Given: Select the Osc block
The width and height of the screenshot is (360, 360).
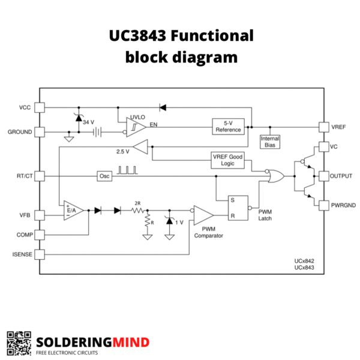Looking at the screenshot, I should point(104,176).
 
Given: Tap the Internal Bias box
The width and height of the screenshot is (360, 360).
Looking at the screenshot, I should point(269,142).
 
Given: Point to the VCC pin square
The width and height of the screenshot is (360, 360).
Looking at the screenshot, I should point(40,107).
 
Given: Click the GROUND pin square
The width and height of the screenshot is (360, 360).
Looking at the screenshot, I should point(40,131).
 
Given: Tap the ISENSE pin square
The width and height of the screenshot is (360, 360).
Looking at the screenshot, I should point(40,254).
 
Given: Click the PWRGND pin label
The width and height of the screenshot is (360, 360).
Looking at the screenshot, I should point(344,205).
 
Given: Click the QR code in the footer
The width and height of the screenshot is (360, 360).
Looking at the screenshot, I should point(19,343).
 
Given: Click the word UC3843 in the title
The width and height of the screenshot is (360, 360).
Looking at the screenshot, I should point(137,36).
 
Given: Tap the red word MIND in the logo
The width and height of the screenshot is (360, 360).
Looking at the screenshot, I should point(130,342).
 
